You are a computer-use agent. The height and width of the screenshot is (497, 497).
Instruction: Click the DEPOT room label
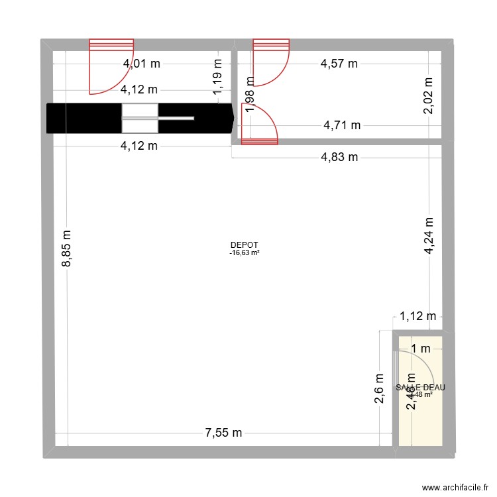tap(245, 245)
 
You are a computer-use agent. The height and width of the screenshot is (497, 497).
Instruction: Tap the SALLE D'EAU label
tap(420, 388)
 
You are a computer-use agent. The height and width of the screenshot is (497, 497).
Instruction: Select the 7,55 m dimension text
tap(223, 433)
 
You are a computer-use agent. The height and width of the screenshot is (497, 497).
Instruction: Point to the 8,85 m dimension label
tap(67, 248)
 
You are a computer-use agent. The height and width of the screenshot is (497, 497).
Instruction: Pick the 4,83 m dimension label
tap(339, 157)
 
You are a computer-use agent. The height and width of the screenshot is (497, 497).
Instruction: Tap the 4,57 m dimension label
tap(339, 64)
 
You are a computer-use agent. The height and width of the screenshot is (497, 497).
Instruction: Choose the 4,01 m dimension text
tap(142, 64)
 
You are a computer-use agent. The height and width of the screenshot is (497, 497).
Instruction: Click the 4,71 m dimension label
tap(341, 124)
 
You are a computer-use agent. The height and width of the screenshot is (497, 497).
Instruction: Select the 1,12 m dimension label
tap(417, 317)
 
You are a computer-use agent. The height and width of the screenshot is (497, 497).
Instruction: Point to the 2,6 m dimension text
tap(379, 392)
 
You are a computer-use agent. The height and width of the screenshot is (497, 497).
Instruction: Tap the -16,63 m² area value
tap(245, 252)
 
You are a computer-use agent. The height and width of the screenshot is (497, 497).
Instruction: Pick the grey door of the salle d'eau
tap(414, 374)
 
